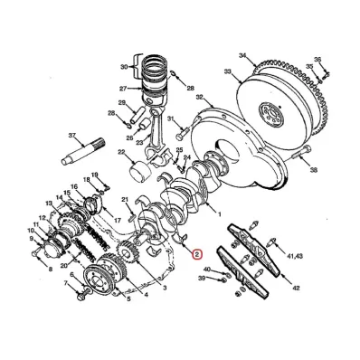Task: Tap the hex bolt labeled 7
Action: click(x=82, y=292)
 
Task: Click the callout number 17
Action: click(x=117, y=221)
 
